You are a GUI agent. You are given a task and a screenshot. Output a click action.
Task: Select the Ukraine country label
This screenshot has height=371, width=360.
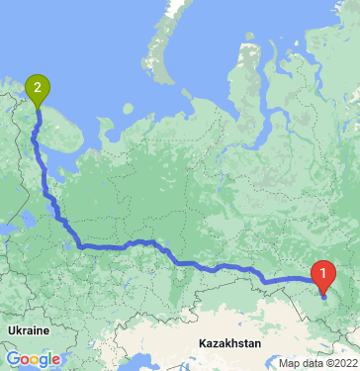(28, 327)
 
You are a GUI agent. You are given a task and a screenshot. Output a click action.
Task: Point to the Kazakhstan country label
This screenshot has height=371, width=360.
(228, 342)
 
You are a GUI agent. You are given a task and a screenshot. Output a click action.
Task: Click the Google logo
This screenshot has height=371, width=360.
(32, 359)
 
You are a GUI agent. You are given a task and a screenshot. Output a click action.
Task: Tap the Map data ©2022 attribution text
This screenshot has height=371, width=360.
(317, 363)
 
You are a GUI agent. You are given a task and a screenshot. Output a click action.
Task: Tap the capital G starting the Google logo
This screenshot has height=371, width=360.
(11, 359)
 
